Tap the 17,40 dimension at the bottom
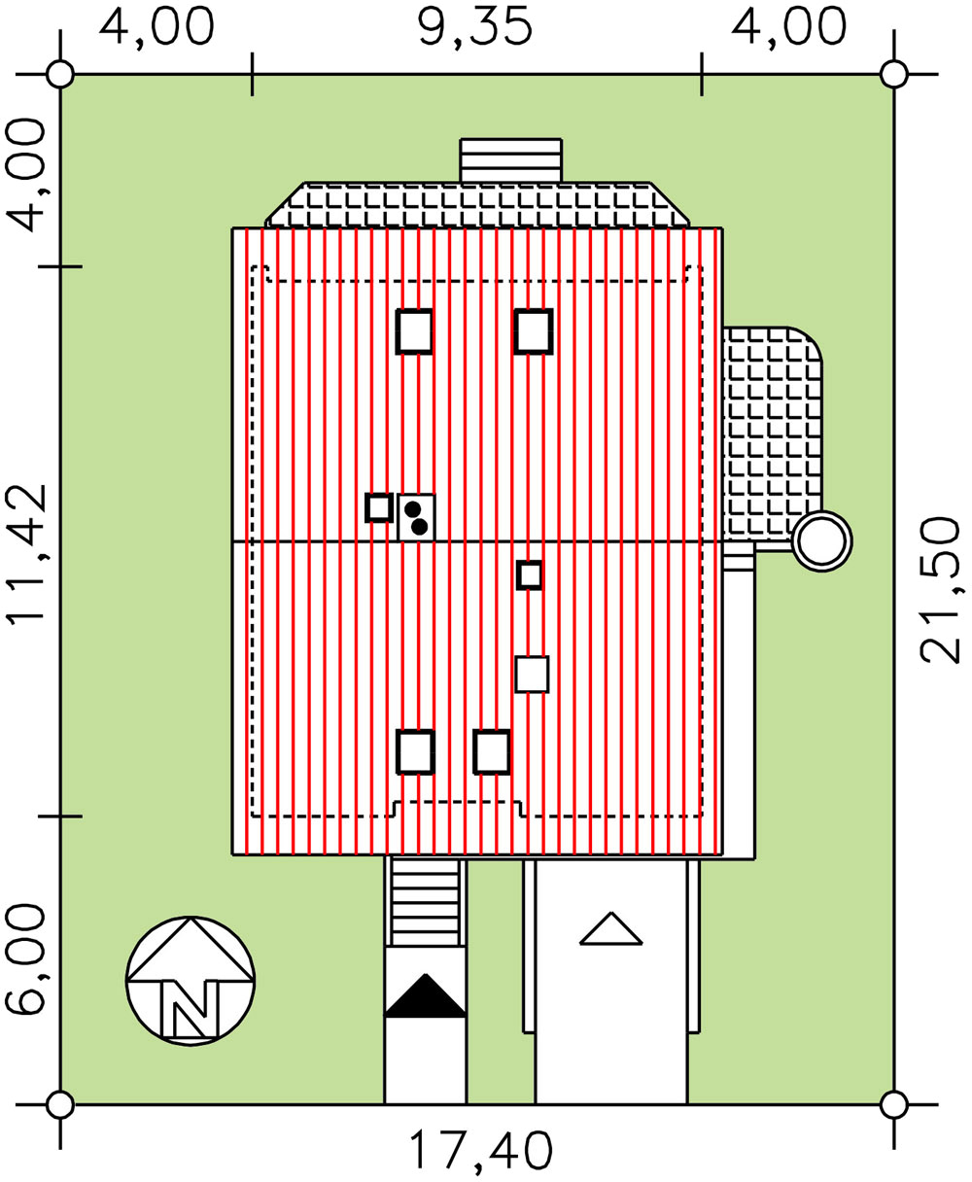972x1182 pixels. (481, 1150)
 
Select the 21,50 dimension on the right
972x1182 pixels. (940, 590)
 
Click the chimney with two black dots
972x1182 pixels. (416, 517)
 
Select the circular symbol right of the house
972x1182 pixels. (821, 541)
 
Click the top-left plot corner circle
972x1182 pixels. (60, 74)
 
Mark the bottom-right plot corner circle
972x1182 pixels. (893, 1106)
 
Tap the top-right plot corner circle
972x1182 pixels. (893, 74)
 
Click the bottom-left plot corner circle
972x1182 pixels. (60, 1106)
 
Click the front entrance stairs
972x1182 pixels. (426, 902)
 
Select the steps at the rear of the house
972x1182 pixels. (510, 160)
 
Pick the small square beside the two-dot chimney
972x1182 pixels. (379, 508)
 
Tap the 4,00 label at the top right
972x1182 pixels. (788, 27)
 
